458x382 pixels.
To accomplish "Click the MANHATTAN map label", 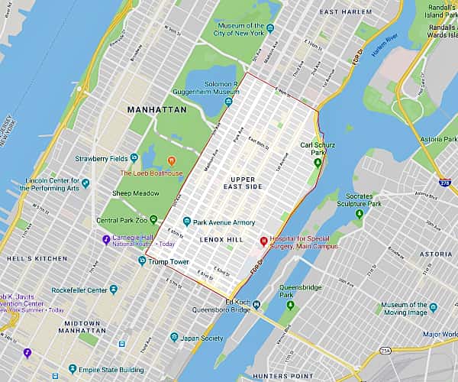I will pyautogui.click(x=156, y=110).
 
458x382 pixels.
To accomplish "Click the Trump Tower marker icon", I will pyautogui.click(x=142, y=261).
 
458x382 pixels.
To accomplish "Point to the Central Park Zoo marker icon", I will pyautogui.click(x=153, y=220).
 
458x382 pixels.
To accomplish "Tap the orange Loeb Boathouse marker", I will pyautogui.click(x=171, y=160).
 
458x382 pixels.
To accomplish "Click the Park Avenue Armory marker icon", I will pyautogui.click(x=186, y=222).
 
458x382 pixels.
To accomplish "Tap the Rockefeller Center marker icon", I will pyautogui.click(x=114, y=290).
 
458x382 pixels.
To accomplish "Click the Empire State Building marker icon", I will pyautogui.click(x=73, y=369).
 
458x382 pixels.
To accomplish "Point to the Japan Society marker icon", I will pyautogui.click(x=175, y=338).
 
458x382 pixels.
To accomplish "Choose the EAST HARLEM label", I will pyautogui.click(x=345, y=12).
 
